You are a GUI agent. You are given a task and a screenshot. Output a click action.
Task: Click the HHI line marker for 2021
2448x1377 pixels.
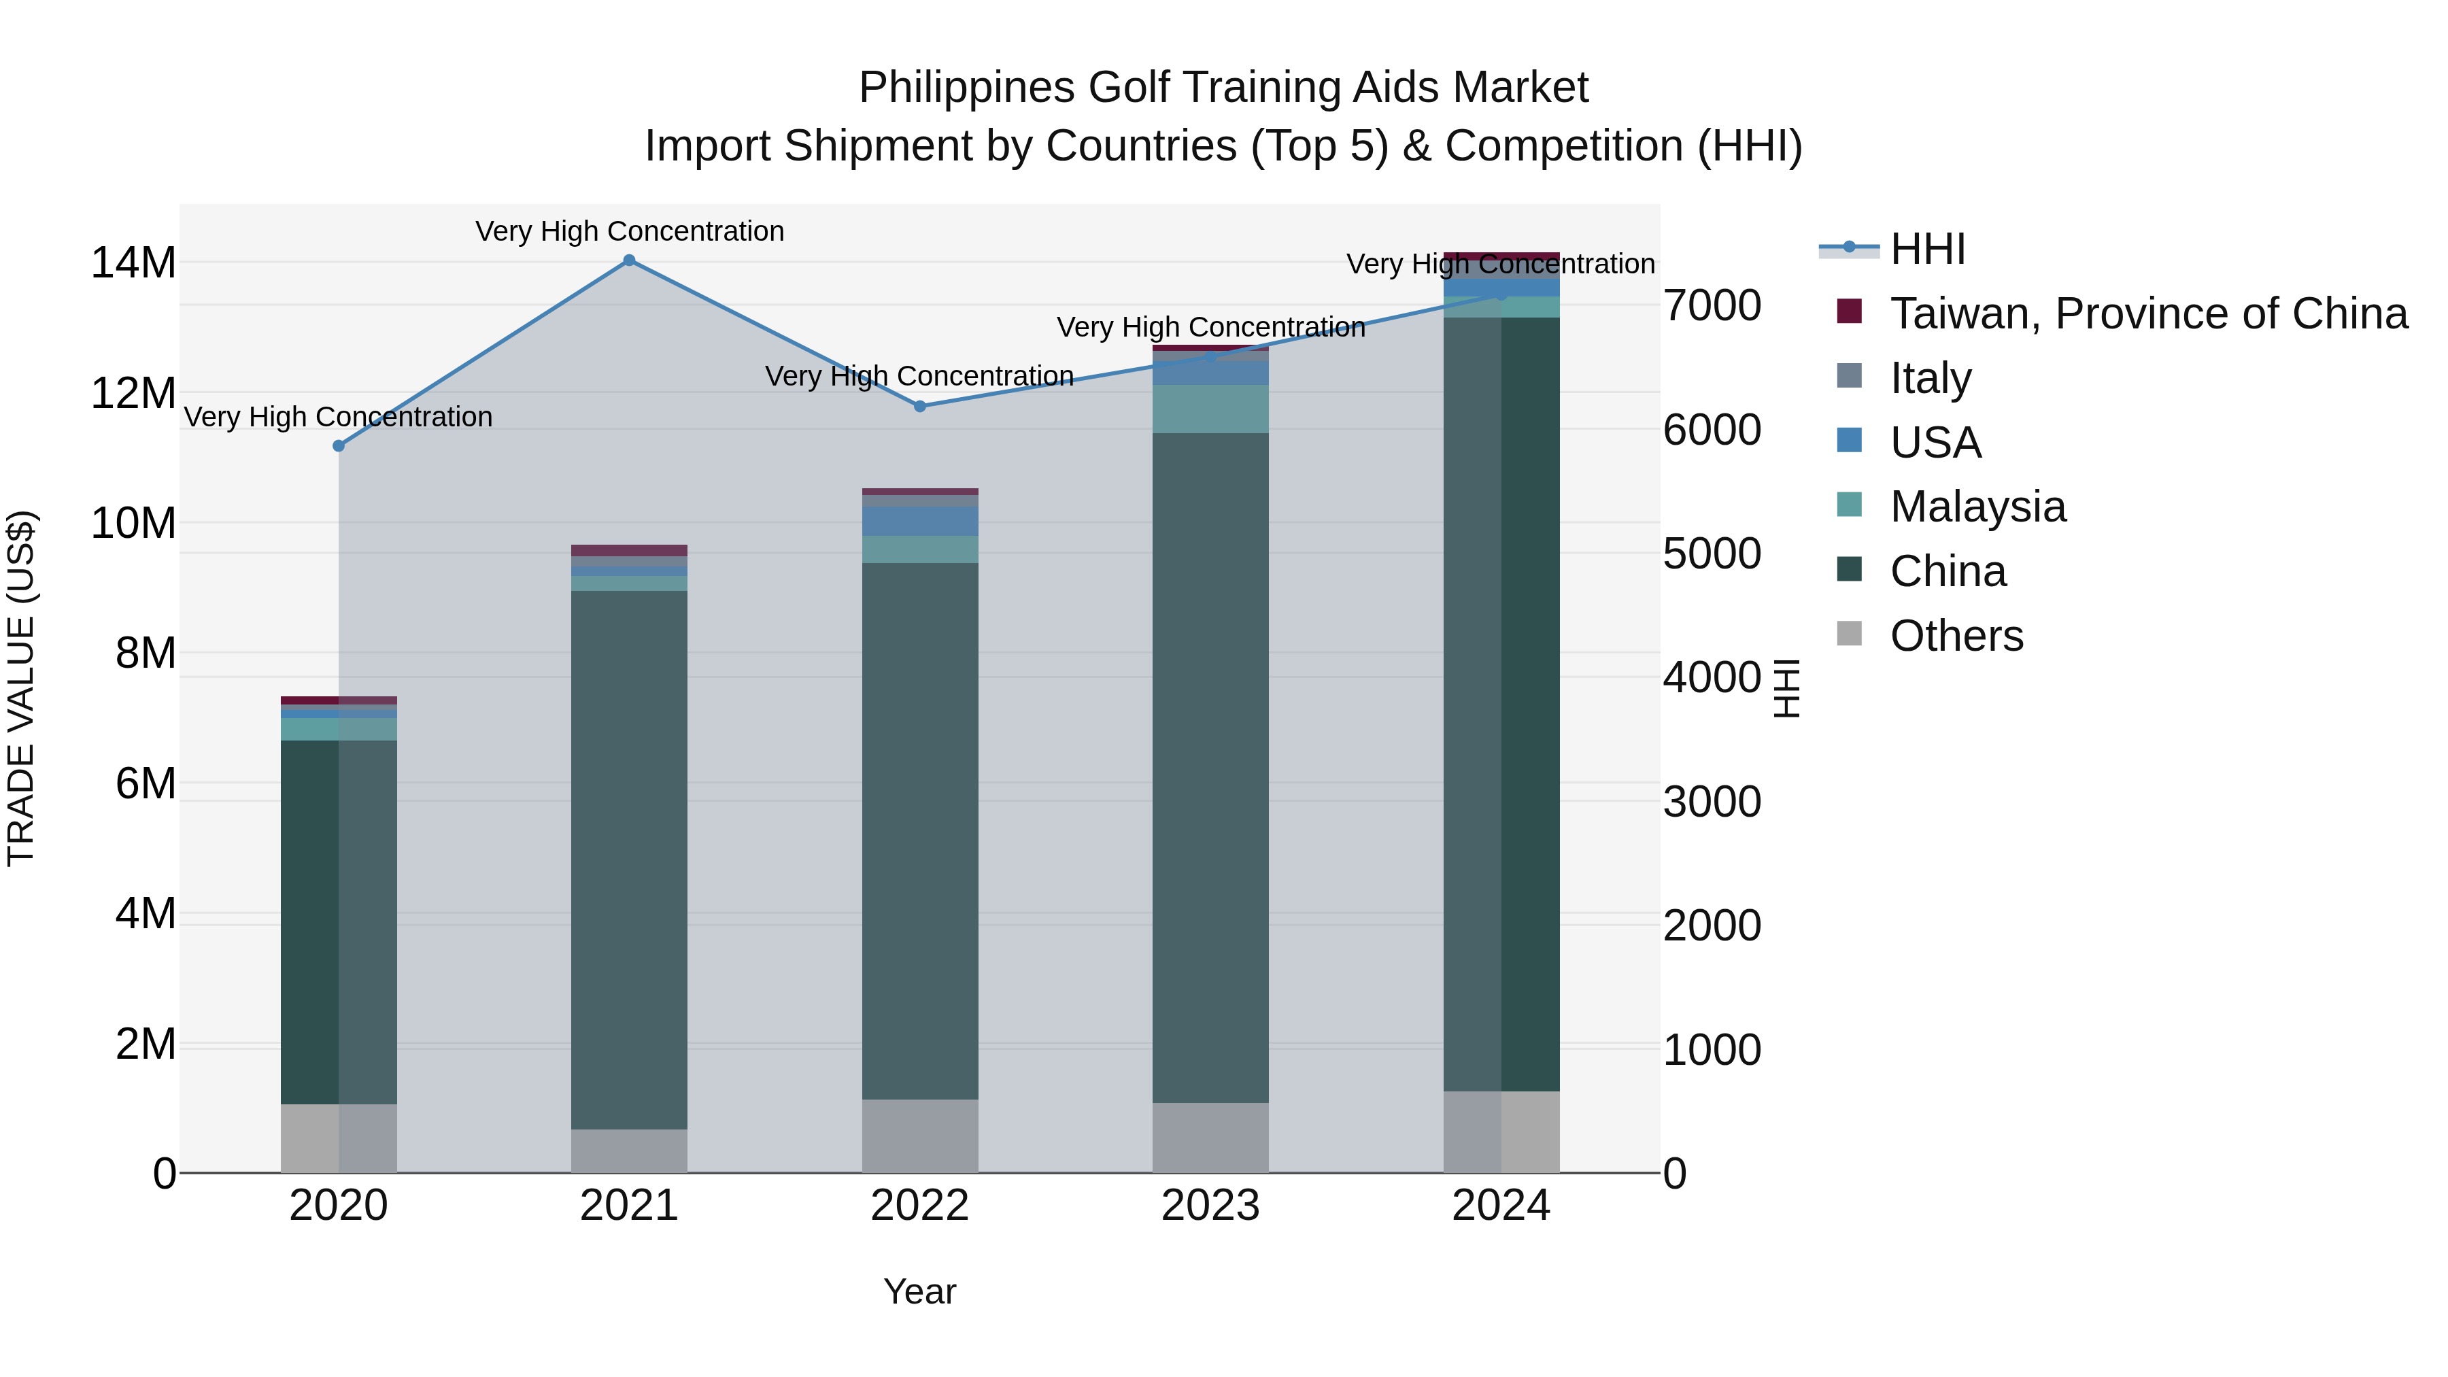629,260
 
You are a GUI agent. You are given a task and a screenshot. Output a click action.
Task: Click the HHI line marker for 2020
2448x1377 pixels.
339,445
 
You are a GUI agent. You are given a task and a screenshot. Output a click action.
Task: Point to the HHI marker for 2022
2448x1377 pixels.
920,407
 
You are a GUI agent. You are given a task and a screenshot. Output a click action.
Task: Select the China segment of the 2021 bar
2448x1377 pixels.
629,860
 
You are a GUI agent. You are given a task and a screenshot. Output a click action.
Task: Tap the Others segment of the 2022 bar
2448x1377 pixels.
920,1136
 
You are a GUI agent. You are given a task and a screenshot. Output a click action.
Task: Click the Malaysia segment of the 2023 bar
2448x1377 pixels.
1210,409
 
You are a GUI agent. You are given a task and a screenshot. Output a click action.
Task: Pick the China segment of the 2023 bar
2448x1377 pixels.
1210,768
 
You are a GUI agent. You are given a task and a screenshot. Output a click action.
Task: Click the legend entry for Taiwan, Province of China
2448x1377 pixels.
2147,313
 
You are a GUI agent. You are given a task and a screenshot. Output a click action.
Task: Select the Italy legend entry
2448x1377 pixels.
1930,378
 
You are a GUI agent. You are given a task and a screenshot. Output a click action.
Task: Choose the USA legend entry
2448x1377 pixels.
1935,443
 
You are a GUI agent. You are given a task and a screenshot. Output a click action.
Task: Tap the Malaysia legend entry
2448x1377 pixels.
1977,507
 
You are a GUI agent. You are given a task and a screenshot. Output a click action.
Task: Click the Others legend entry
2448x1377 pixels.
1956,636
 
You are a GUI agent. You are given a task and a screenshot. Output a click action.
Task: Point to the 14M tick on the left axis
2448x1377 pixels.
133,263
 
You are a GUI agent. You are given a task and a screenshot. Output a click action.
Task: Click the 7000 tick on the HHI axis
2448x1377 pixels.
1712,306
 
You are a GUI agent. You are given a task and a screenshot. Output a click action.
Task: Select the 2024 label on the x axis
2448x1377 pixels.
1501,1206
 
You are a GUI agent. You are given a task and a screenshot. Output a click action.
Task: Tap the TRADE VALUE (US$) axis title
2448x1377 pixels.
21,688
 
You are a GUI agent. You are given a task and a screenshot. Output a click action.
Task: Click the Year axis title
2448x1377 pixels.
919,1291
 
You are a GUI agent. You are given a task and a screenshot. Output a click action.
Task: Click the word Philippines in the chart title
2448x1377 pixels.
968,88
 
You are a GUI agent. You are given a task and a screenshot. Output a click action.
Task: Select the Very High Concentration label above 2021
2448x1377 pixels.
629,231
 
